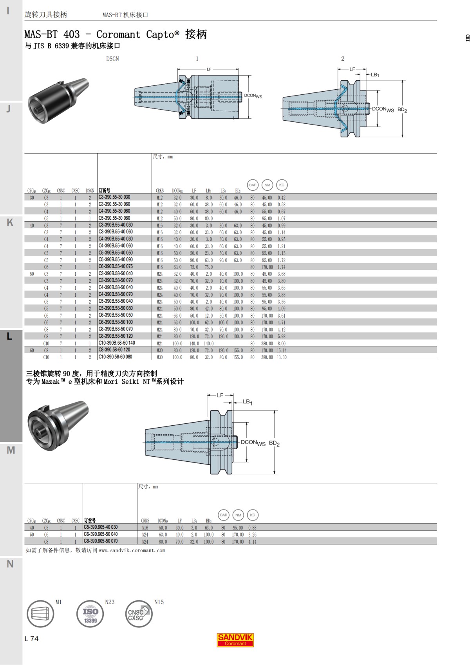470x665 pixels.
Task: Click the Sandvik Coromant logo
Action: tap(235, 640)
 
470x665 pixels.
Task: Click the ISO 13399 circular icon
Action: tap(90, 614)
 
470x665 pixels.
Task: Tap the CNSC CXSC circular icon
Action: tap(139, 614)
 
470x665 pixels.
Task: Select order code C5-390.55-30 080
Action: tap(114, 218)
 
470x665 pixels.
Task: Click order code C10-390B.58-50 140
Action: tap(117, 343)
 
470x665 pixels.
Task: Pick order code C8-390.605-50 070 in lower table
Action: tap(101, 541)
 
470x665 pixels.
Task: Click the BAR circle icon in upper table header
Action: tap(253, 185)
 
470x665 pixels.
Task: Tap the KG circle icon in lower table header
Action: tap(253, 515)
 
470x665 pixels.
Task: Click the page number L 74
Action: tap(32, 639)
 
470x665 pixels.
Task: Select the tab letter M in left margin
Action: tap(11, 450)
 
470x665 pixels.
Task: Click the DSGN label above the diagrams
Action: tap(112, 59)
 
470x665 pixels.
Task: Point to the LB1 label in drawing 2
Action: tap(375, 74)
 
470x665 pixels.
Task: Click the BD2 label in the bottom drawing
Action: tap(274, 443)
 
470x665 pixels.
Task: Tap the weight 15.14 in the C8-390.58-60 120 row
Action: tap(282, 351)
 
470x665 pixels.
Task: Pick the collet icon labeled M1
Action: tap(40, 614)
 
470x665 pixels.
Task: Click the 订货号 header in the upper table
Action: tap(105, 191)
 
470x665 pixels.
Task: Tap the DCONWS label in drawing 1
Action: tap(253, 96)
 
